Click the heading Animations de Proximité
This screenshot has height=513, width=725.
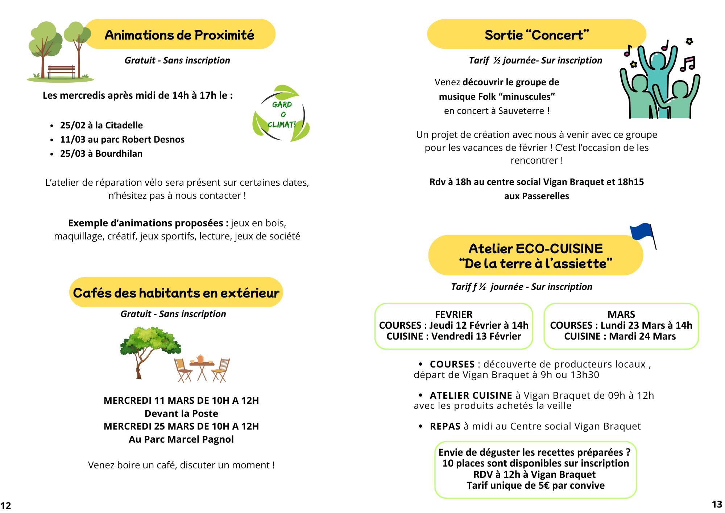tap(179, 35)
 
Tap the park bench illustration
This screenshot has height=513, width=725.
tap(61, 71)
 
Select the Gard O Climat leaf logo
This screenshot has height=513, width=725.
tap(281, 114)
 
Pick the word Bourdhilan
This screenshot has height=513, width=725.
tap(119, 153)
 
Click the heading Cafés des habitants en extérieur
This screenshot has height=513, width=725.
tap(176, 292)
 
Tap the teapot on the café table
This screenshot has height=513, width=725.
tap(200, 359)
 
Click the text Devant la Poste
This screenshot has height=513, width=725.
tap(181, 413)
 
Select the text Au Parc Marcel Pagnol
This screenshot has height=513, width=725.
tap(181, 439)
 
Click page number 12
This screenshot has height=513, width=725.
tap(6, 505)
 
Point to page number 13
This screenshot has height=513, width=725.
tap(717, 504)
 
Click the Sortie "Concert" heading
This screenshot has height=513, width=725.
tap(536, 35)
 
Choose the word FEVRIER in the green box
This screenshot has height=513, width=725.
tap(453, 314)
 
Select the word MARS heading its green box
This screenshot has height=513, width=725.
tap(621, 314)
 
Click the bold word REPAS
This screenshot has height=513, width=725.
tap(445, 426)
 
